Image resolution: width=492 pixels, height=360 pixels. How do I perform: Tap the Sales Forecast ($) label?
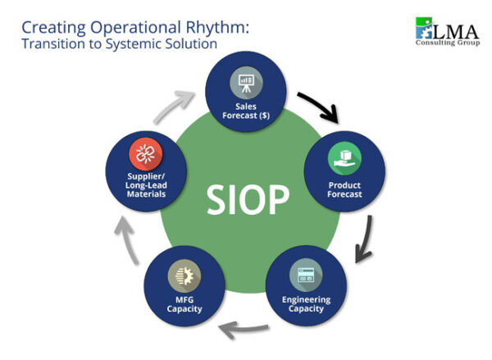tap(245, 110)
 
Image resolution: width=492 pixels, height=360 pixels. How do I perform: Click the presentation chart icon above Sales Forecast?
tap(245, 82)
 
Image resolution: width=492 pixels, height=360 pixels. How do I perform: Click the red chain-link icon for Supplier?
tap(147, 153)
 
